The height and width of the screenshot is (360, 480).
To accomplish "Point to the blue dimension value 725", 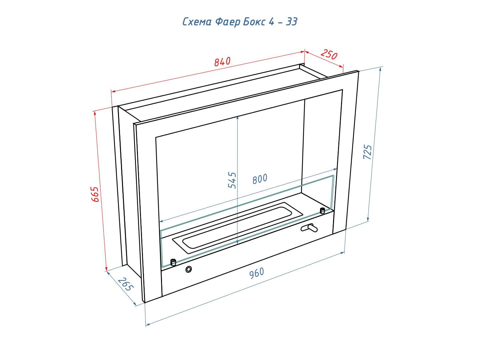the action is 367,152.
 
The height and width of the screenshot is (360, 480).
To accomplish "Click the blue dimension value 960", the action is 257,273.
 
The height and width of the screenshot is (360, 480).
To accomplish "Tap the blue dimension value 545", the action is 232,180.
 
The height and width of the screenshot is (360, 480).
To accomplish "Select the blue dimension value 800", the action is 260,179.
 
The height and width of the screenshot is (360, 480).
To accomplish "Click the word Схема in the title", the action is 197,22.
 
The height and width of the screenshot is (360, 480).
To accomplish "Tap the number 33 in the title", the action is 291,22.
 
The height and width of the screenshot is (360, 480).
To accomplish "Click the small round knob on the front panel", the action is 189,269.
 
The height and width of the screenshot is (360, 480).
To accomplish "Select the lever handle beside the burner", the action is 309,228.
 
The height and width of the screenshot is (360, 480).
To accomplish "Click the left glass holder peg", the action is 173,262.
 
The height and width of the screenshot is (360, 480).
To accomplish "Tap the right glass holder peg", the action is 322,211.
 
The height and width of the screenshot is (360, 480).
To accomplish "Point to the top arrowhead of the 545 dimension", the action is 237,118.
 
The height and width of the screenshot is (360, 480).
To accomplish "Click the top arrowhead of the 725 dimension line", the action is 381,69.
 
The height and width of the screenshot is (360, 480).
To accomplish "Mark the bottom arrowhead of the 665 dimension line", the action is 106,269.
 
